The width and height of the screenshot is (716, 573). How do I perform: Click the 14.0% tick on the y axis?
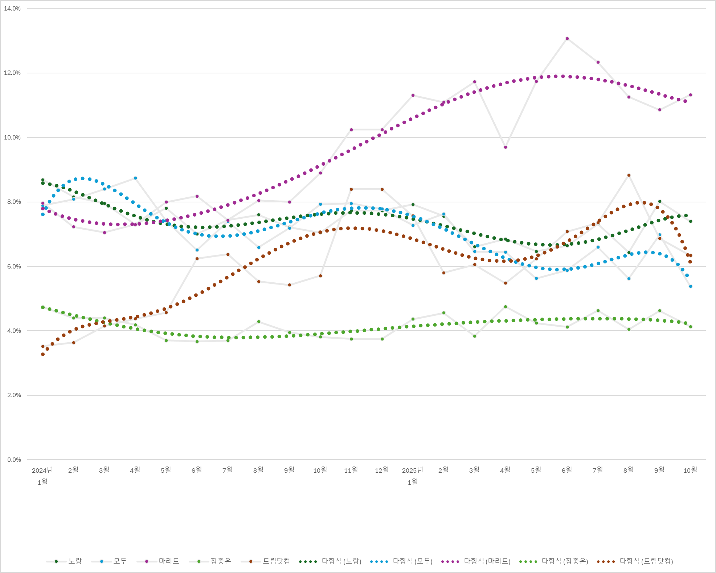click(12, 9)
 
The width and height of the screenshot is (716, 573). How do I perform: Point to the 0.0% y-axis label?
click(14, 460)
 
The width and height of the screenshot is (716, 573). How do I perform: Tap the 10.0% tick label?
click(12, 137)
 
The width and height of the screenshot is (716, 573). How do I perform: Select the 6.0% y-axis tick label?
click(14, 266)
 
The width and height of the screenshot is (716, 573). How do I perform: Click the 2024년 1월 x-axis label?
click(42, 476)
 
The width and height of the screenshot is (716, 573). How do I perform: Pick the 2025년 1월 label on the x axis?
click(413, 476)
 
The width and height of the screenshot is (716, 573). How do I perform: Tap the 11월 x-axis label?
click(351, 470)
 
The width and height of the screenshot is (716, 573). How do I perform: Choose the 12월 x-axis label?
click(382, 470)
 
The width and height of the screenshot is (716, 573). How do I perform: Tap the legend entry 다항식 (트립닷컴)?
click(635, 561)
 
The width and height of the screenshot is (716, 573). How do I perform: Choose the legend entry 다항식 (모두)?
click(401, 561)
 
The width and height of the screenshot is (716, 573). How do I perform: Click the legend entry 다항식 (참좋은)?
click(554, 561)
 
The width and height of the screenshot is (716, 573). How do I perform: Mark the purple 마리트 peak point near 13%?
click(567, 39)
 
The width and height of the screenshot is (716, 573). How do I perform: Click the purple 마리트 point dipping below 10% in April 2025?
click(506, 147)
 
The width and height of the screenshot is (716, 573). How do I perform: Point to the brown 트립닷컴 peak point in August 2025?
click(629, 175)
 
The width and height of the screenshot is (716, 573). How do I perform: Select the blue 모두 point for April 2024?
click(135, 178)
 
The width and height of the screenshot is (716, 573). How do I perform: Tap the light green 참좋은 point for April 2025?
click(506, 307)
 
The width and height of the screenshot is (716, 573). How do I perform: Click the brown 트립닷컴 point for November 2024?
click(351, 189)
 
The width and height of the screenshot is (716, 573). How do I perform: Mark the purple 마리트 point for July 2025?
click(598, 62)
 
